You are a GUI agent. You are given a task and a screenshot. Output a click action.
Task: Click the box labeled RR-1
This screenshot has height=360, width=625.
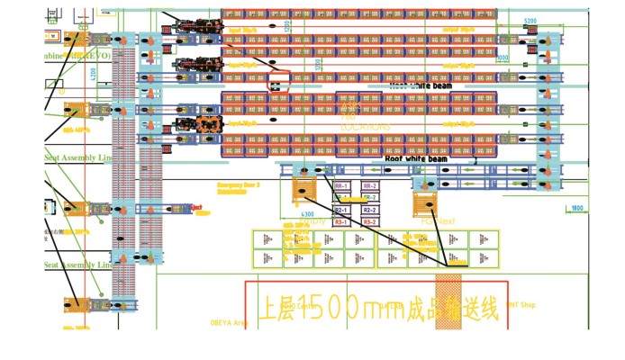341,185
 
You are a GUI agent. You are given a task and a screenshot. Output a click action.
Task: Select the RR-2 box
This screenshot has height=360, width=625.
369,185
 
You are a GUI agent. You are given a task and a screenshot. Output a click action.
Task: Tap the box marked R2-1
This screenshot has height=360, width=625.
341,209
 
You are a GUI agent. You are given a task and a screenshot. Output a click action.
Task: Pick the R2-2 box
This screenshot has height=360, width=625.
369,209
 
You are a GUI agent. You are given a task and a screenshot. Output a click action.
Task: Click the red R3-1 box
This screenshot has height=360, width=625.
341,220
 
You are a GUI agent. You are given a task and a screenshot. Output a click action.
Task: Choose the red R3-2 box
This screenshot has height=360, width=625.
369,220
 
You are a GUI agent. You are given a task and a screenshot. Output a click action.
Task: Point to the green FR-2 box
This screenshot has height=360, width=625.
369,197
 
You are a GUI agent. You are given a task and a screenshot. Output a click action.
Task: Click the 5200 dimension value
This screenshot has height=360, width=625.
530,20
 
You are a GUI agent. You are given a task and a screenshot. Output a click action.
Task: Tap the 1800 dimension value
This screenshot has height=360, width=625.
576,209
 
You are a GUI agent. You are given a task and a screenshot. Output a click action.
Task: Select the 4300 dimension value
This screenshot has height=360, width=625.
307,215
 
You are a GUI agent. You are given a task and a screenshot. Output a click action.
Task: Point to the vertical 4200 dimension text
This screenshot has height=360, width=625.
93,74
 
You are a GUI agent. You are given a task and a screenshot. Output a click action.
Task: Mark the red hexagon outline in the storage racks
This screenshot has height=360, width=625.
278,81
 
